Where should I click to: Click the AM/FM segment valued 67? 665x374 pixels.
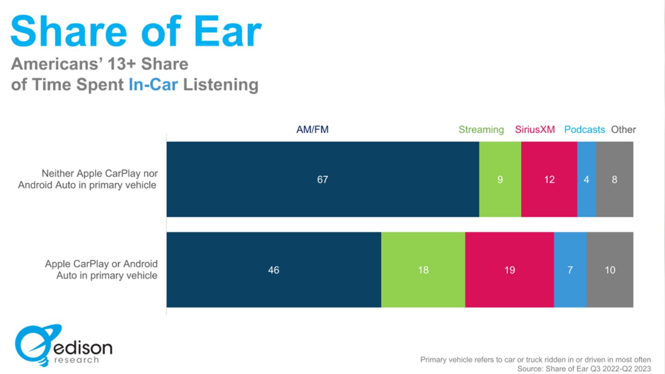[x=322, y=179]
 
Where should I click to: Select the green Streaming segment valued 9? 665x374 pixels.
[x=500, y=179]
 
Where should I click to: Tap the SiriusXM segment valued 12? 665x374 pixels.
[x=549, y=179]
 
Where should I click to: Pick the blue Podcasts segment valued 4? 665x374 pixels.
[x=586, y=179]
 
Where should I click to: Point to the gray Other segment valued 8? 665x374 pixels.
[x=614, y=179]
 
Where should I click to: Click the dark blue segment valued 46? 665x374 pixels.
[x=273, y=270]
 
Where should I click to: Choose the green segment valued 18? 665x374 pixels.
[x=423, y=270]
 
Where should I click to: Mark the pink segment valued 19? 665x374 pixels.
[x=509, y=270]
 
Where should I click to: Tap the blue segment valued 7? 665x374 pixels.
[x=570, y=270]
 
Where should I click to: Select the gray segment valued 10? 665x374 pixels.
[x=610, y=270]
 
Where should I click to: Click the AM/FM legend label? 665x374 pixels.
[x=312, y=130]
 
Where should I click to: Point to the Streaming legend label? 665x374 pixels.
[x=481, y=130]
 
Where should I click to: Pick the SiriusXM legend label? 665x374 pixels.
[x=535, y=130]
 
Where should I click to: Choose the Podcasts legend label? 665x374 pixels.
[x=584, y=130]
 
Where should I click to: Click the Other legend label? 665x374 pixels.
[x=623, y=130]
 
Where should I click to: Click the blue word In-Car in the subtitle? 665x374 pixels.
[x=153, y=85]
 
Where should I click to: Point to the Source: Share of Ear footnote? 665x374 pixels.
[x=584, y=368]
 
